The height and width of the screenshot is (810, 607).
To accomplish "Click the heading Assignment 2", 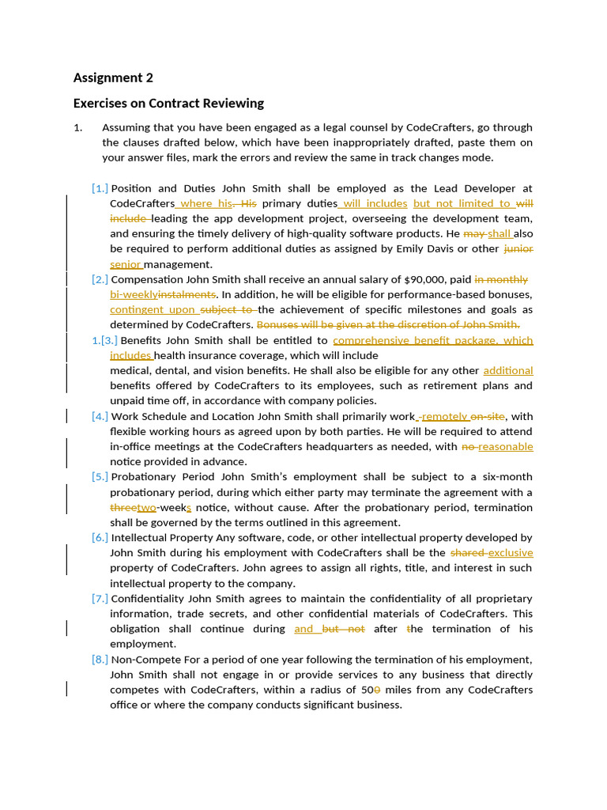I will click(x=113, y=78).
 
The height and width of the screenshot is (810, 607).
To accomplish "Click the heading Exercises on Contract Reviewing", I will click(x=168, y=104).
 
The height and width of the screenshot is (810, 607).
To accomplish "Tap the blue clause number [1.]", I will click(x=100, y=188).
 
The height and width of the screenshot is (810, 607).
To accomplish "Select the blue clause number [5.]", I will click(x=100, y=477).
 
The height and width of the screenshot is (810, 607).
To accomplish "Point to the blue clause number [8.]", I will click(x=100, y=660).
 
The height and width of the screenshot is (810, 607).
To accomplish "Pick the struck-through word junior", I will click(x=518, y=249).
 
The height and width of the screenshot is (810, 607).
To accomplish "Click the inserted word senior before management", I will click(x=126, y=264).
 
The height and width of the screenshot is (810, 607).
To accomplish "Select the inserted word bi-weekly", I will click(x=134, y=294).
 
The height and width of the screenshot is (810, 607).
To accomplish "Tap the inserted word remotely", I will click(x=445, y=416).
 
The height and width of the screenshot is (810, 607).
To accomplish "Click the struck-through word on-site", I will click(x=488, y=416).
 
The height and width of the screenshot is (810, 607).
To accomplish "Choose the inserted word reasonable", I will click(x=506, y=447).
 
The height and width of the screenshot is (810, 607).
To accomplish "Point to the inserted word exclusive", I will click(x=511, y=553).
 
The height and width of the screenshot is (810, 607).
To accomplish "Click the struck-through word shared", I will click(x=467, y=553).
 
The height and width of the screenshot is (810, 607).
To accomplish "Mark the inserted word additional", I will click(x=508, y=370).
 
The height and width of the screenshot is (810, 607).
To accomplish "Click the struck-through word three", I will click(x=123, y=508).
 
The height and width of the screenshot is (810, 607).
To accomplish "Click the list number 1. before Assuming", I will click(x=78, y=127).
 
